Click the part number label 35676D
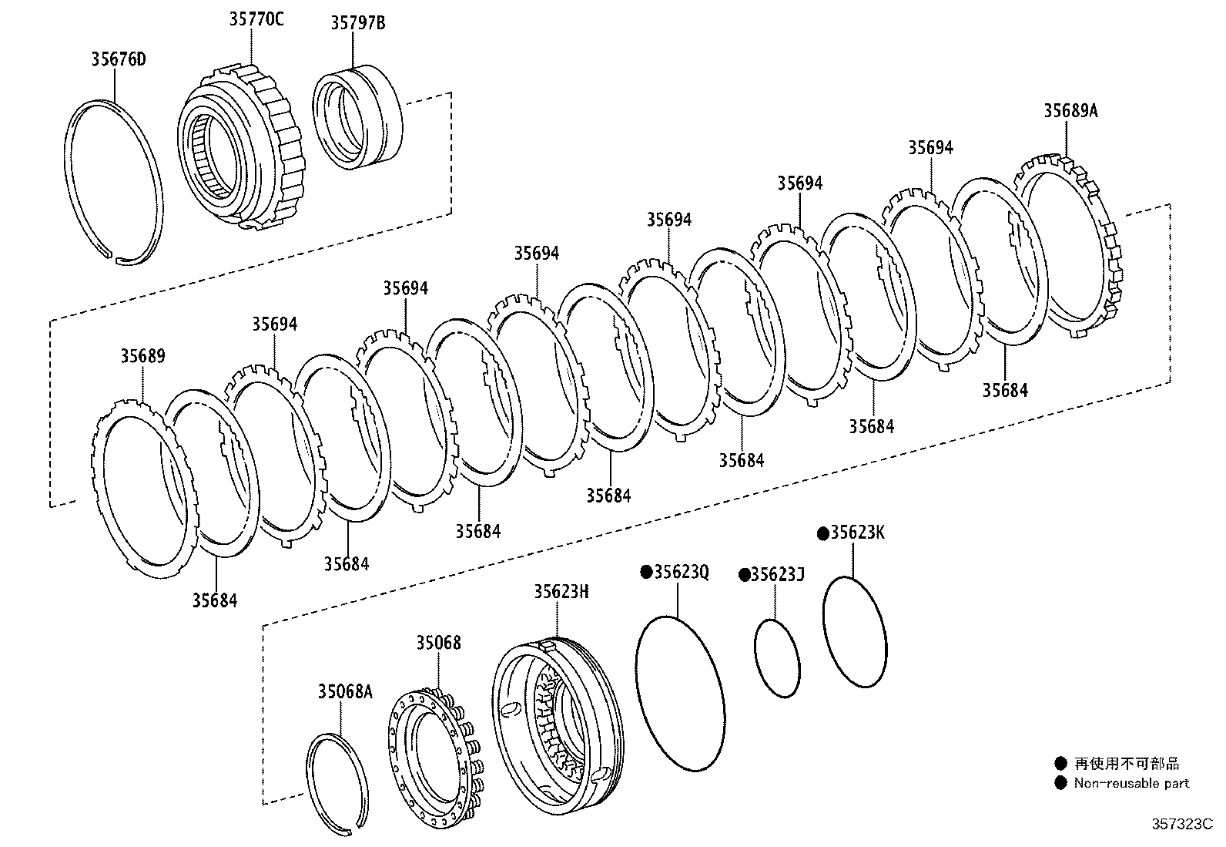coord(118,59)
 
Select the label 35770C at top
coord(256,20)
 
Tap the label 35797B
coord(357,23)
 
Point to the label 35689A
coord(1070,111)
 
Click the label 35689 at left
coord(142,357)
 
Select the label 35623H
coord(561,591)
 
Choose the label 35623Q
coord(681,572)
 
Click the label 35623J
coord(777,575)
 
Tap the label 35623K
coord(857,533)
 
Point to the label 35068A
coord(344,692)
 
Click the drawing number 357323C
coord(1181,825)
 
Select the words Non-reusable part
coord(1131,783)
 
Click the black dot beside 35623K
coord(822,533)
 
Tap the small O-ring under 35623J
coord(776,658)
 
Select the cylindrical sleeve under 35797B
coord(359,117)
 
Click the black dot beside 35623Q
coord(647,572)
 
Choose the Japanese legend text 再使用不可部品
coord(1127,764)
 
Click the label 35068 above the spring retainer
coord(439,642)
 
